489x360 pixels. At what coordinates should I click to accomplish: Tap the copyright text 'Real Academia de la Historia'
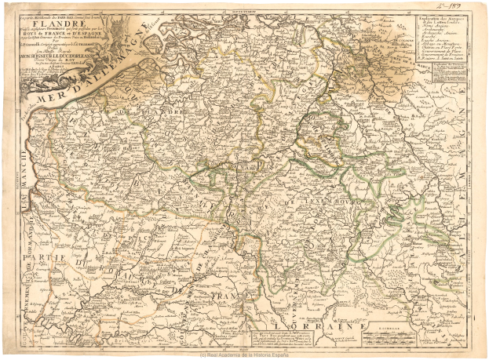pos(244,355)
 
